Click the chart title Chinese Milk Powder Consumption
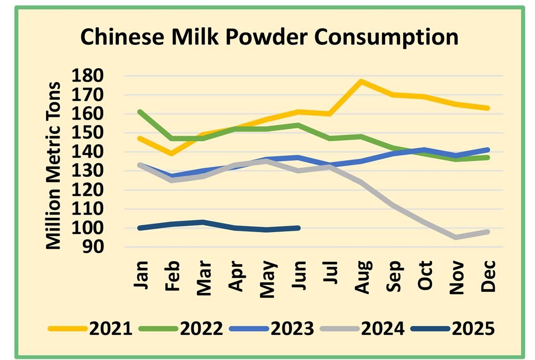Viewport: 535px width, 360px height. pyautogui.click(x=269, y=37)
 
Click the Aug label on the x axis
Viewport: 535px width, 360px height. pyautogui.click(x=362, y=278)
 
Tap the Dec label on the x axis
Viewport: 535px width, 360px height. pyautogui.click(x=489, y=277)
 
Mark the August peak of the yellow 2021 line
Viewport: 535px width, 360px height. pyautogui.click(x=361, y=81)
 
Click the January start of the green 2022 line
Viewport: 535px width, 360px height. pyautogui.click(x=140, y=112)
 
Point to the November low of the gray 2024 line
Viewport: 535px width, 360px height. pyautogui.click(x=456, y=237)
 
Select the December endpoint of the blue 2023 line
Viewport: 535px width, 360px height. pyautogui.click(x=488, y=150)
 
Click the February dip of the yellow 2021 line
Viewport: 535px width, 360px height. pyautogui.click(x=172, y=153)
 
